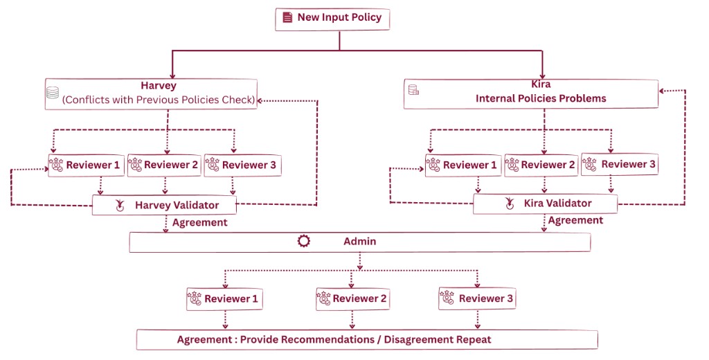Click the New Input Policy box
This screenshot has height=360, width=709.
point(332,19)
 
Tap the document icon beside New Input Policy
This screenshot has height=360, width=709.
point(287,18)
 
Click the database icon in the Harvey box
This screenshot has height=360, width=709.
point(52,93)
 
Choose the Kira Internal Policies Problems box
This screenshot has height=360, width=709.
point(531,93)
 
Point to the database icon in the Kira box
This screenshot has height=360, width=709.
point(413,89)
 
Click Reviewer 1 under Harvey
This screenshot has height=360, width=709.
point(86,165)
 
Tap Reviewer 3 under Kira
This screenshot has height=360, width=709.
point(619,164)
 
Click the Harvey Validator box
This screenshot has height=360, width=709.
point(165,205)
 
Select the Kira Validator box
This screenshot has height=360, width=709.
point(545,204)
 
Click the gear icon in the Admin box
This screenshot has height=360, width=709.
point(303,242)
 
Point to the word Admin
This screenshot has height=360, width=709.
point(359,242)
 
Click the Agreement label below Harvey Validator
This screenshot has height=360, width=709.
point(199,223)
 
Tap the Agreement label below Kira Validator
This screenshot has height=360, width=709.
point(575,220)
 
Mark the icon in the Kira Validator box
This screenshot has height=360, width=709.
point(510,204)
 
